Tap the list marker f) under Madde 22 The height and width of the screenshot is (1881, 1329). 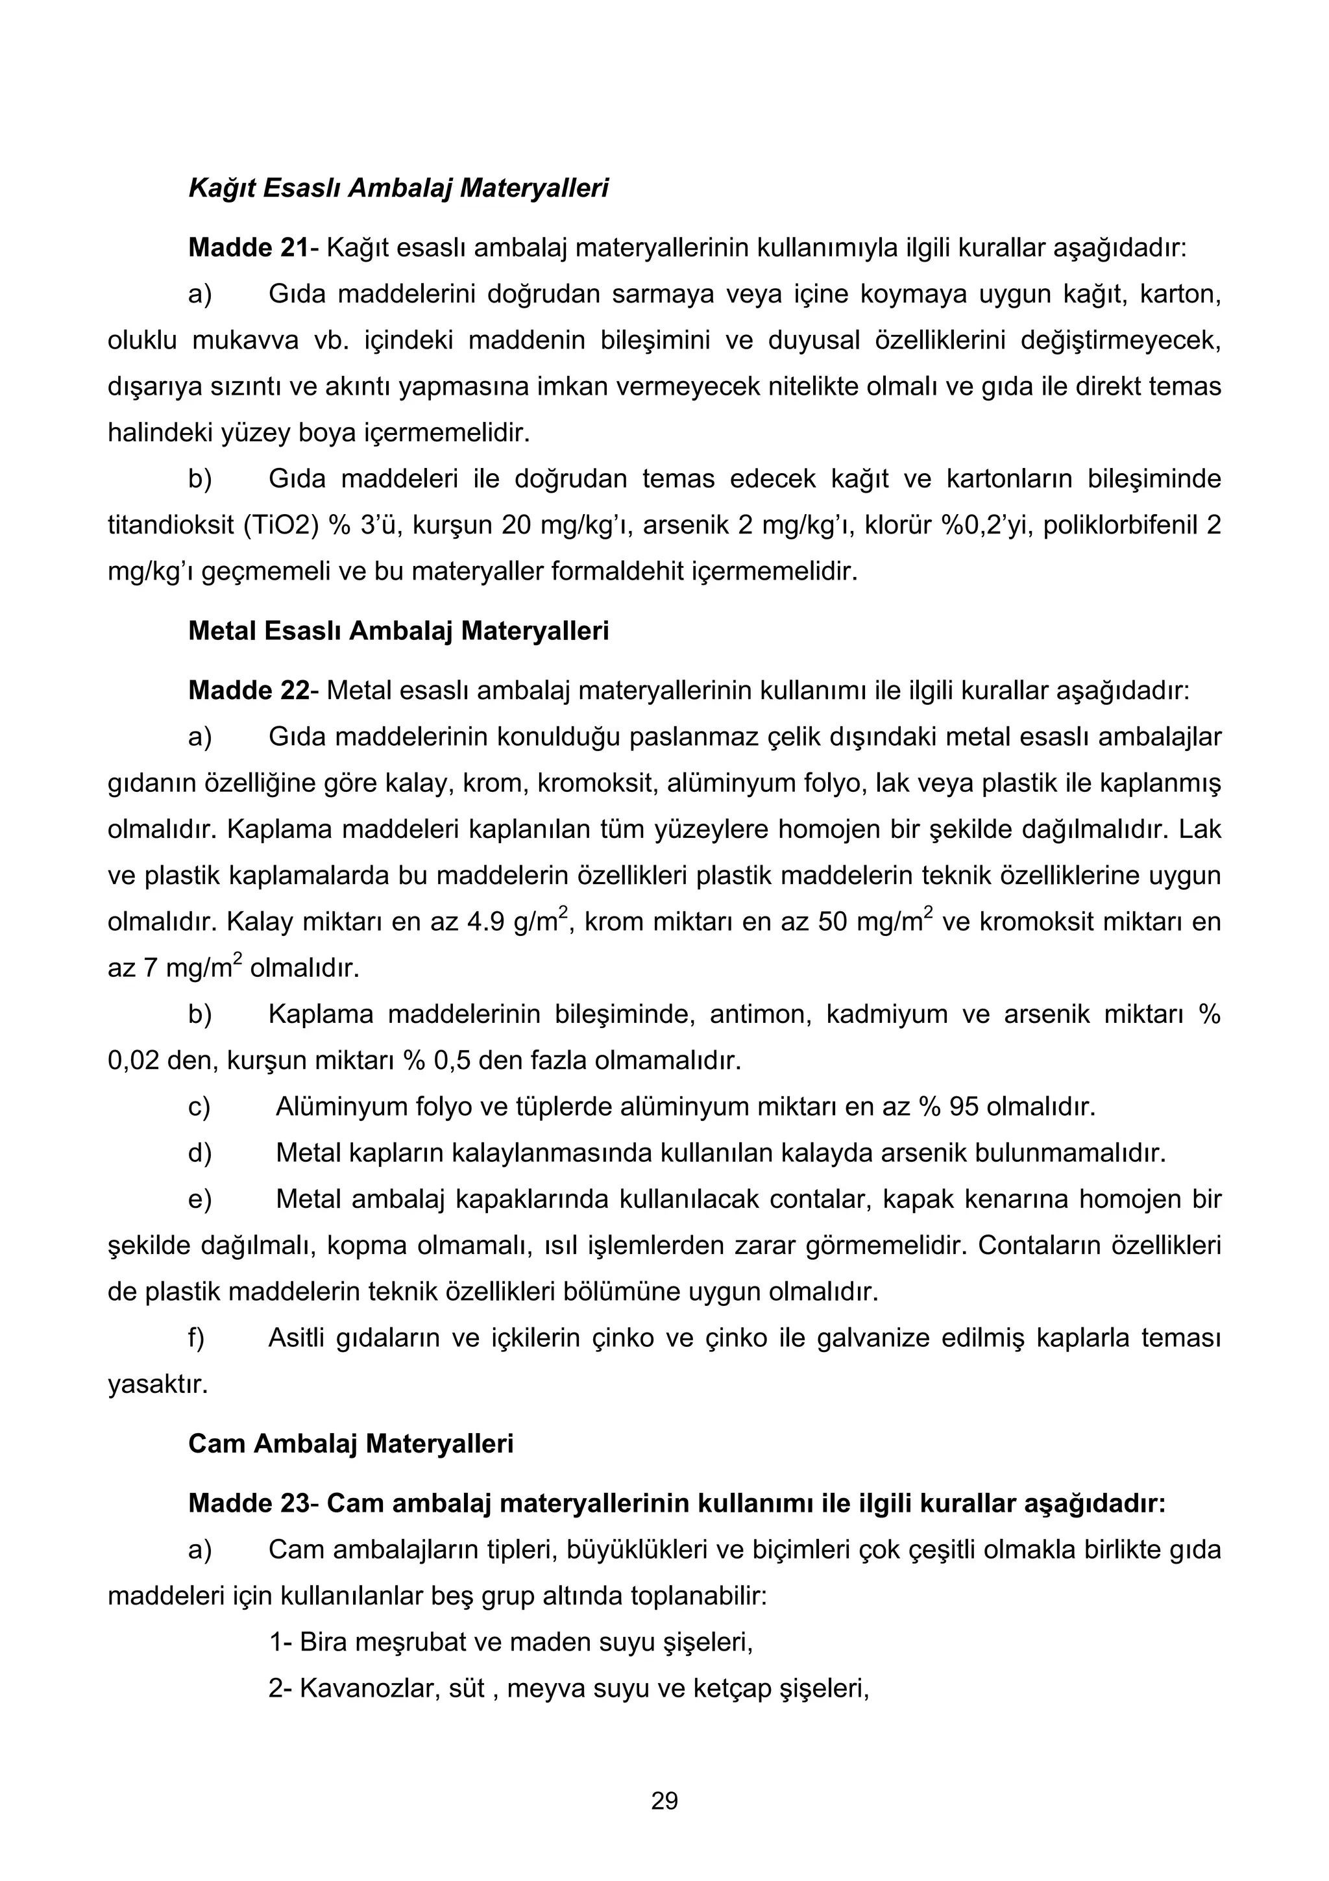(197, 1338)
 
